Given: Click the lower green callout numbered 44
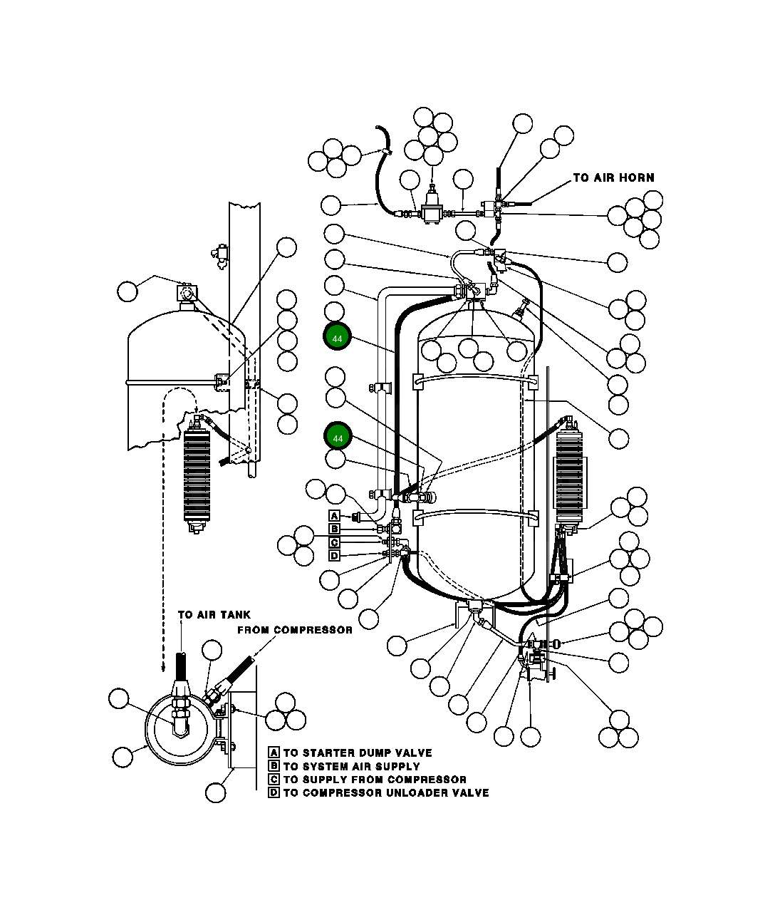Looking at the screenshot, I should [338, 437].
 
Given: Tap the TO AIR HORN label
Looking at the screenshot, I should [613, 177].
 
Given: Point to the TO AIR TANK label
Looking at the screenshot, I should [214, 614].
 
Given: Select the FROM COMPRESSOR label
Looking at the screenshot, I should [294, 630].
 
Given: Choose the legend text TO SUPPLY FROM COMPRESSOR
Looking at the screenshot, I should [375, 780].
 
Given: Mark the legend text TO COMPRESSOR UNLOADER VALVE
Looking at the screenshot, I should [386, 792].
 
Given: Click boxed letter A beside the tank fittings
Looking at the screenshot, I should [334, 515].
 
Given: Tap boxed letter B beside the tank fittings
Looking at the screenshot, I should [334, 529].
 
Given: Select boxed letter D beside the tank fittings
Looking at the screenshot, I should [334, 555].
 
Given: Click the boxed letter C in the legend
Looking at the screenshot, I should [274, 780].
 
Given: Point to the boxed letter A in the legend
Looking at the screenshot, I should [274, 753].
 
